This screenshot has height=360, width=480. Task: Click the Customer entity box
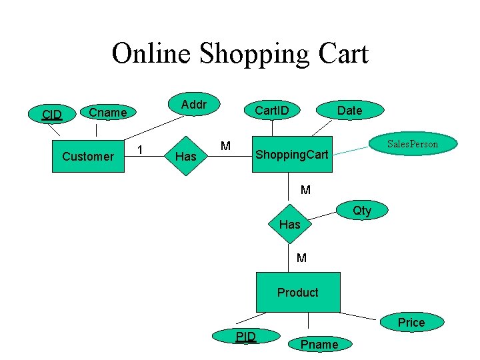pos(88,156)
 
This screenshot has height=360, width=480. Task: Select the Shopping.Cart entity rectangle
pos(292,155)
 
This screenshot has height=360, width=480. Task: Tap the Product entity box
pos(298,292)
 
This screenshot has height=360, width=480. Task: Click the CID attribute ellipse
pos(51,114)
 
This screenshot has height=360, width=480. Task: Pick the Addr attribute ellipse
pos(194,105)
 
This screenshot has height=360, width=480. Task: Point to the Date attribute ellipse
pos(349,111)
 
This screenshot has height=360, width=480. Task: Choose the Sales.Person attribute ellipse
pos(413,144)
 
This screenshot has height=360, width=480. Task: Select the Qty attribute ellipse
pos(362,211)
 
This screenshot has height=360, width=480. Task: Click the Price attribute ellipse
pos(411,323)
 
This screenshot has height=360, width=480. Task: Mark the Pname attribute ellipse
pos(319,344)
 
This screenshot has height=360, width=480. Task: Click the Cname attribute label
pos(108,113)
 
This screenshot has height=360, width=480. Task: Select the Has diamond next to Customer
pos(185,157)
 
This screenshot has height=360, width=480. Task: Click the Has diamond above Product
pos(289,225)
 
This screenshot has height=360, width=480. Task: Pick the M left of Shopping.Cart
pos(225,146)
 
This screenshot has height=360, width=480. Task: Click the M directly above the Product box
pos(301,257)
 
